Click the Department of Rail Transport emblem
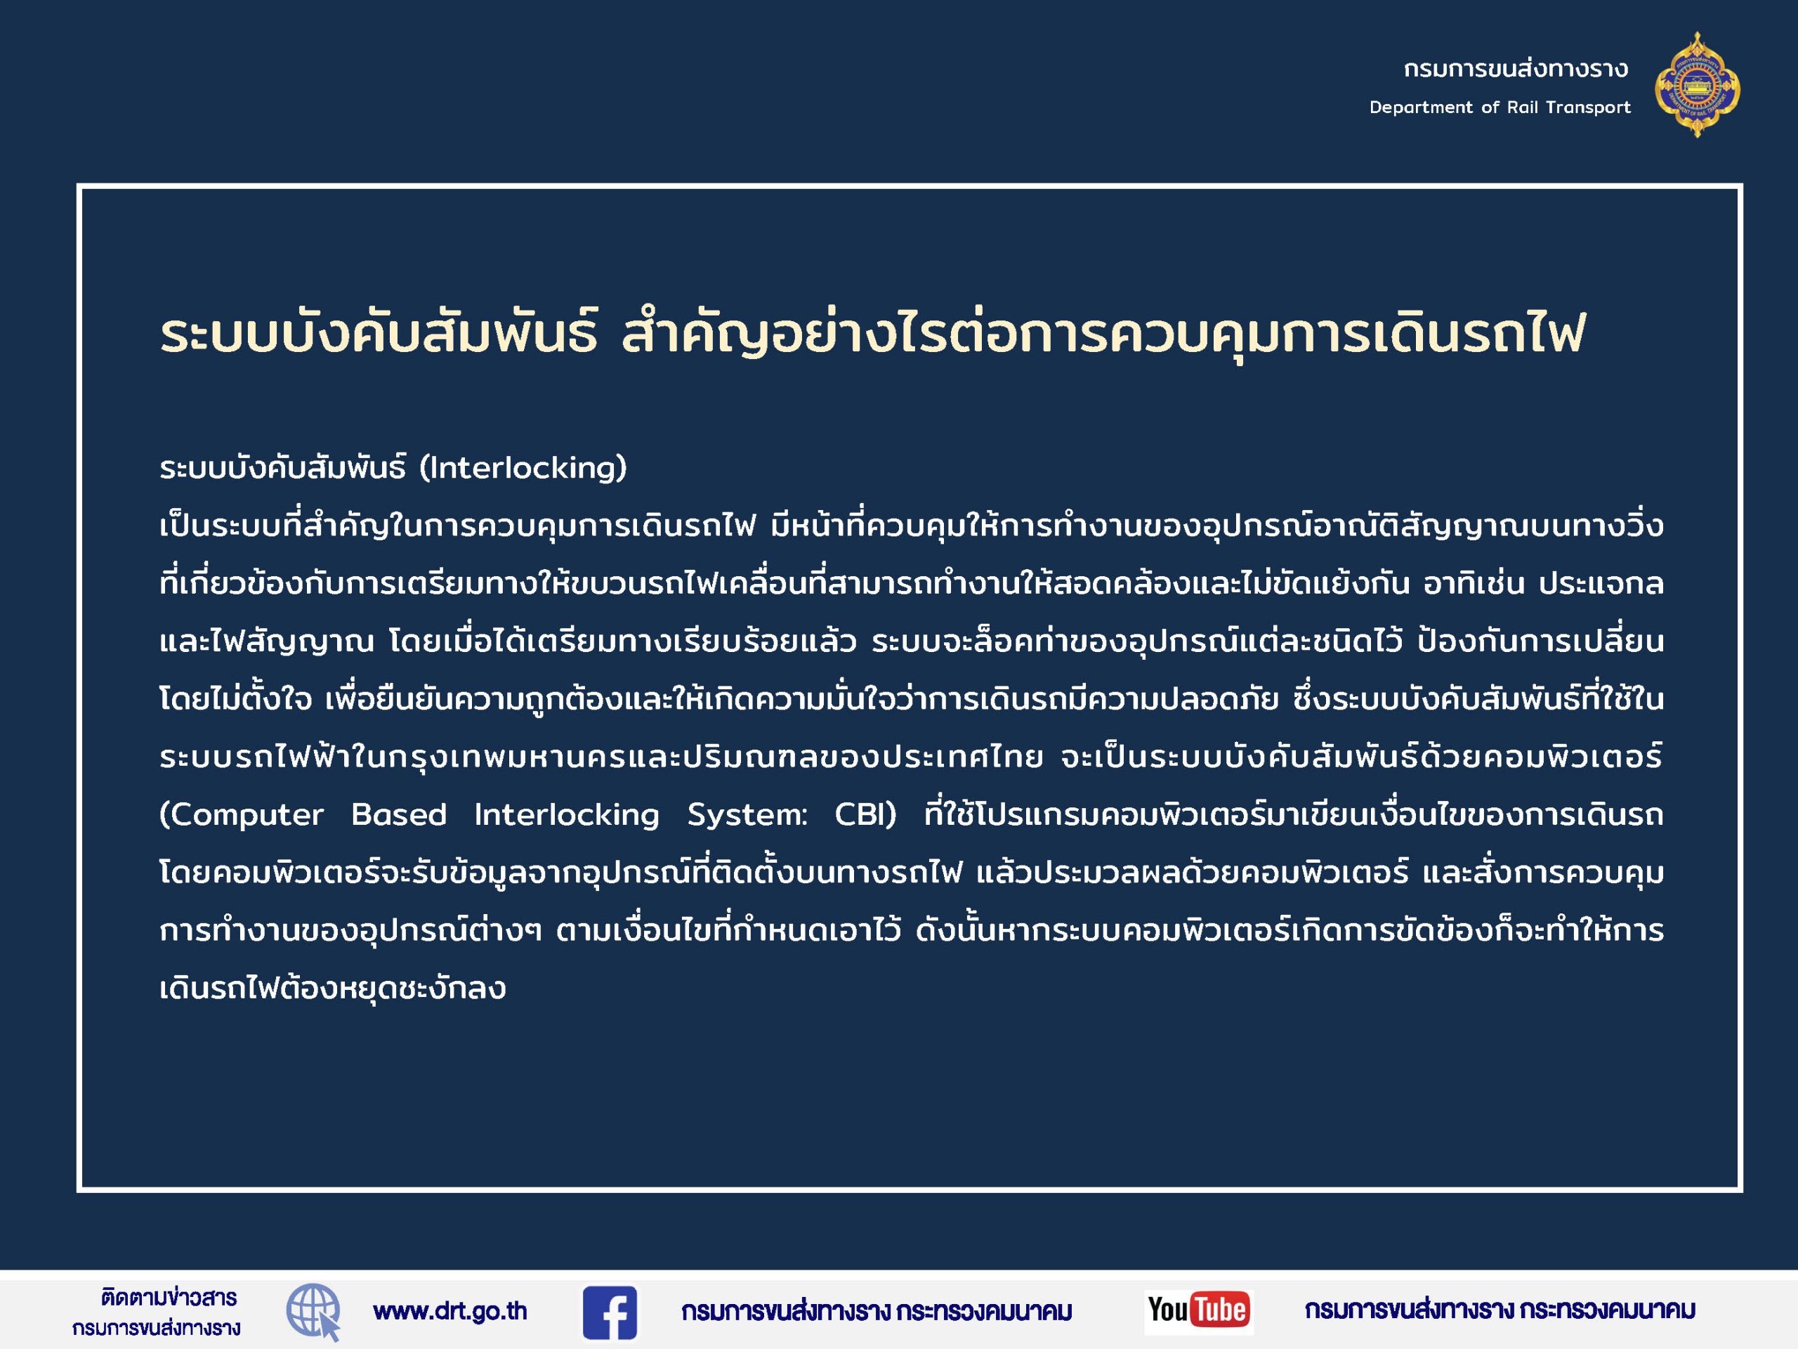click(x=1697, y=84)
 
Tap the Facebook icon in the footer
click(x=610, y=1312)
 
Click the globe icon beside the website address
click(x=314, y=1312)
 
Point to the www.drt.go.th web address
click(x=450, y=1311)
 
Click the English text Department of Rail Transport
click(x=1500, y=107)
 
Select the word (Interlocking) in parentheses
click(x=523, y=467)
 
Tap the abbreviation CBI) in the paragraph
click(x=866, y=814)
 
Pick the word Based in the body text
click(x=399, y=814)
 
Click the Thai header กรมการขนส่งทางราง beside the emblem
click(x=1516, y=68)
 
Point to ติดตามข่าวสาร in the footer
click(x=169, y=1297)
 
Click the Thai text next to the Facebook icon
click(x=877, y=1312)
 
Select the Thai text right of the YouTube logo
click(x=1500, y=1310)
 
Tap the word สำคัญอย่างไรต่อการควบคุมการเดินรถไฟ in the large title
click(x=1103, y=334)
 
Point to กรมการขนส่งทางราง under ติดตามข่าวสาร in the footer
click(x=156, y=1329)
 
